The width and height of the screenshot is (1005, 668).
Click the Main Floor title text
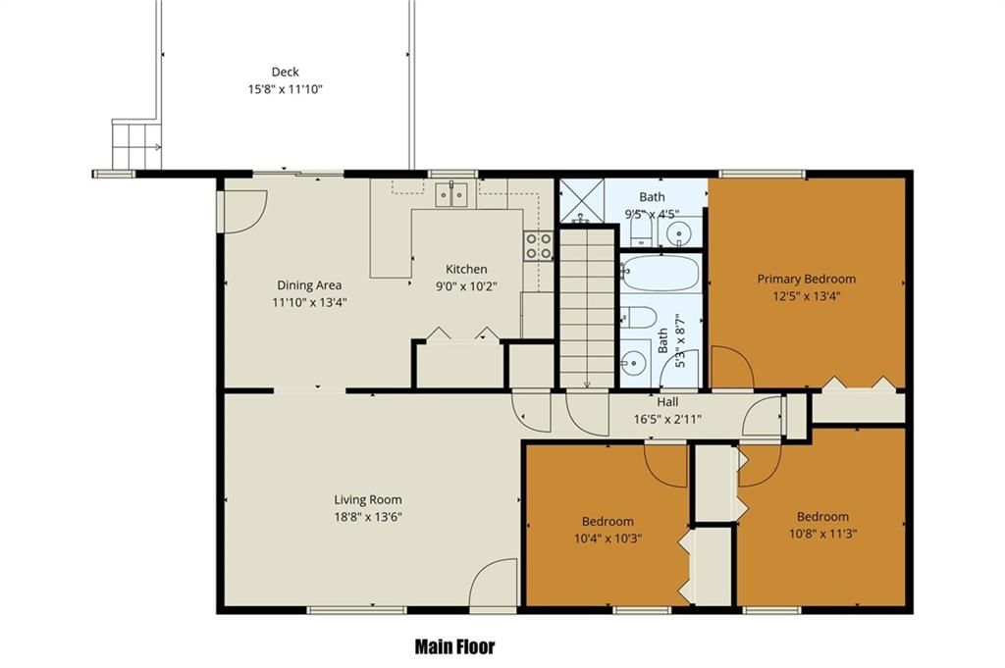coord(455,646)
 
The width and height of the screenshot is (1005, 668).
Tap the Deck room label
coord(286,72)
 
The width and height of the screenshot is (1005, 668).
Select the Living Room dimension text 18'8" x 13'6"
coord(368,517)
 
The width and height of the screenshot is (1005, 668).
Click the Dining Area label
coord(309,285)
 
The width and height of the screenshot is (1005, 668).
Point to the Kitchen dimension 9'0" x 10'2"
coord(466,286)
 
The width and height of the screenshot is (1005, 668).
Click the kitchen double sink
coord(451,194)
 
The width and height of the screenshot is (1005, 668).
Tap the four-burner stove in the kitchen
coord(539,246)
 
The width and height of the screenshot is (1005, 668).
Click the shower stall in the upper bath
coord(582,200)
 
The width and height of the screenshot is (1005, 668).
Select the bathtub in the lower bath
coord(660,273)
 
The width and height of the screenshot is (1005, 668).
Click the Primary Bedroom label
coord(807,279)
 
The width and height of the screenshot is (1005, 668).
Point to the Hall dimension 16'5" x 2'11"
coord(667,419)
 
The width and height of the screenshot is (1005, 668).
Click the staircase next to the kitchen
coord(587,309)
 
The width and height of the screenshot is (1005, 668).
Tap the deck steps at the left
coord(136,145)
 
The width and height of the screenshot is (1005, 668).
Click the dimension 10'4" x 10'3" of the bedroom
coord(608,539)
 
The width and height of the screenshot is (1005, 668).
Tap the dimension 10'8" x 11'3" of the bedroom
coord(823,534)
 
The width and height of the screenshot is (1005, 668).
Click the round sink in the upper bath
coord(679,233)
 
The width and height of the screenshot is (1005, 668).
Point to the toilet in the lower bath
coord(638,317)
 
